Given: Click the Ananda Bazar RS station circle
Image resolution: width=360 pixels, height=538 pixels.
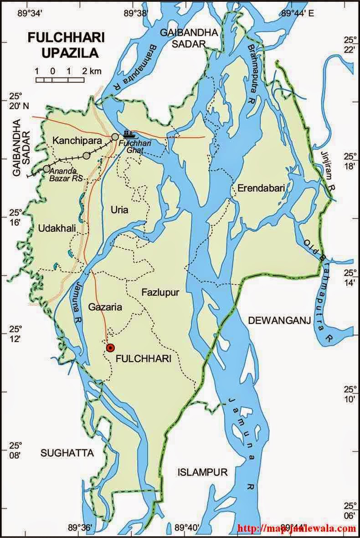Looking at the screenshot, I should pos(46,169).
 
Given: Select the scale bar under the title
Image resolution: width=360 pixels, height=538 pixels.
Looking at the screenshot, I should pos(60,80).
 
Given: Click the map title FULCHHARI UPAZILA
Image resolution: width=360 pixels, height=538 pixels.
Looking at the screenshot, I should pos(63,45).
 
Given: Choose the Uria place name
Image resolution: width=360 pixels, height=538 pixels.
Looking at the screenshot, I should pos(119,210).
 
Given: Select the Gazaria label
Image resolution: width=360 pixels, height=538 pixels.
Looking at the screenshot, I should pos(105,307).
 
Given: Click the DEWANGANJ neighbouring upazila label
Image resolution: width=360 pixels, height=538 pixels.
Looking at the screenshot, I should pos(279,321).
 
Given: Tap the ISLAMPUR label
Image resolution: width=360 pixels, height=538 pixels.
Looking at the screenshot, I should pos(202,472).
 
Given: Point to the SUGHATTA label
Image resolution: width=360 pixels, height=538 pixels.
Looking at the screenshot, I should pos(67,453).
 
